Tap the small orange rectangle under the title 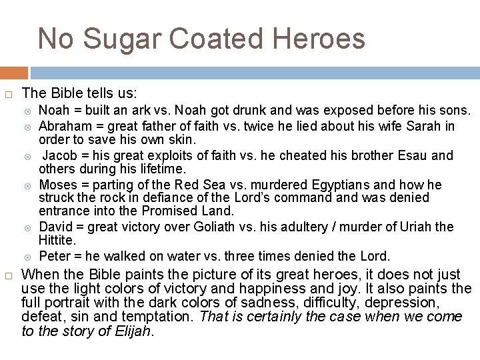(14, 73)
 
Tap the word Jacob (59, 155)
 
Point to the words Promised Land (197, 211)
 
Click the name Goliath (226, 227)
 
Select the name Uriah (413, 227)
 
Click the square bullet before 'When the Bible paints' (9, 275)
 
